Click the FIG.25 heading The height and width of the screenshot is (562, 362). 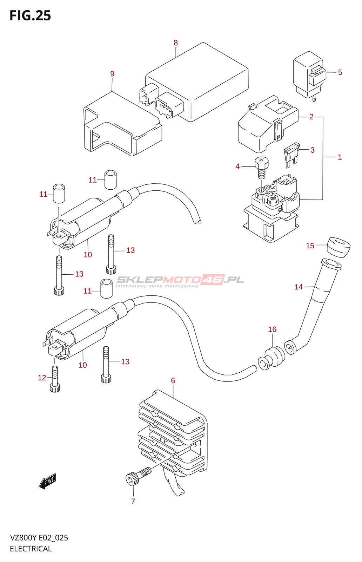(30, 15)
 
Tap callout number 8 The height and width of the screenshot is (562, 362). (176, 43)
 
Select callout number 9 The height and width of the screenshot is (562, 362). (112, 74)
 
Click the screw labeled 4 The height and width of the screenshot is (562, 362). (262, 167)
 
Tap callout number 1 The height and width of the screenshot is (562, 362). (340, 157)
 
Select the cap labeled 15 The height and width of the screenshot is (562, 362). (338, 247)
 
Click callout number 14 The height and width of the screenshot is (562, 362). (299, 287)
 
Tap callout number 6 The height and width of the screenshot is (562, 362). (173, 380)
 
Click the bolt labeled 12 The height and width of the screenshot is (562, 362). (55, 379)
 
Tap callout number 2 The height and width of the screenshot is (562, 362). (311, 117)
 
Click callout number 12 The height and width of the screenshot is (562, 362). (42, 378)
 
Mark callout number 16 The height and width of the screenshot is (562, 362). (272, 329)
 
